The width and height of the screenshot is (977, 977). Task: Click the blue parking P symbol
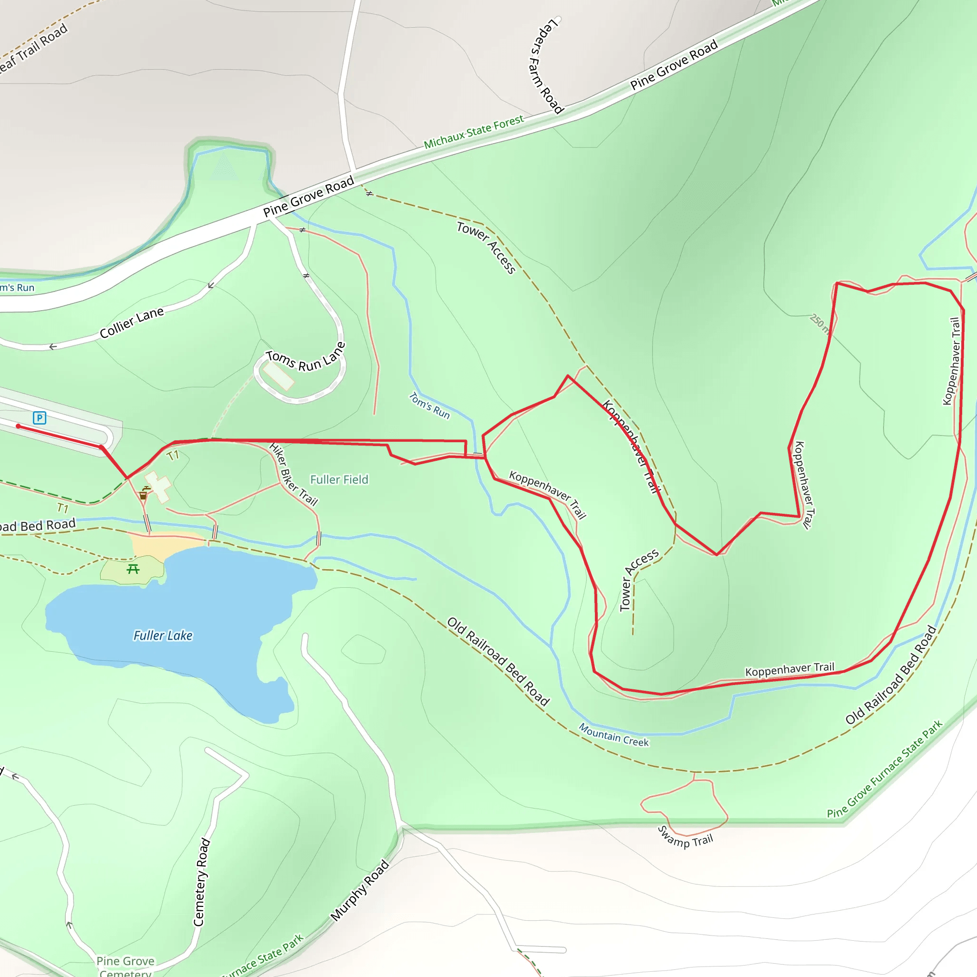pyautogui.click(x=40, y=418)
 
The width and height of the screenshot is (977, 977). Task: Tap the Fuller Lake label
pyautogui.click(x=163, y=635)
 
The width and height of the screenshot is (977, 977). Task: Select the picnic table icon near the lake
pyautogui.click(x=133, y=570)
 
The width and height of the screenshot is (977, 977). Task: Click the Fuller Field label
pyautogui.click(x=339, y=479)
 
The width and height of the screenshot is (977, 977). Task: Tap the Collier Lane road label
pyautogui.click(x=132, y=322)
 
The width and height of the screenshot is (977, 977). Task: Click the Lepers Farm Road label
pyautogui.click(x=546, y=66)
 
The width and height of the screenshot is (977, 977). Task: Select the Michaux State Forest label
pyautogui.click(x=473, y=133)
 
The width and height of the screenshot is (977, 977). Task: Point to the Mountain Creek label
pyautogui.click(x=613, y=735)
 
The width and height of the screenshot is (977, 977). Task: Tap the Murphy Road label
pyautogui.click(x=360, y=891)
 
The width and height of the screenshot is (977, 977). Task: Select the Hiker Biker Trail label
pyautogui.click(x=293, y=474)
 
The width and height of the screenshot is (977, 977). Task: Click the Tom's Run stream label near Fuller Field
pyautogui.click(x=429, y=405)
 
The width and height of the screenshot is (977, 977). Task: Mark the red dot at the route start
pyautogui.click(x=18, y=426)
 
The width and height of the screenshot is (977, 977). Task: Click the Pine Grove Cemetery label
pyautogui.click(x=125, y=966)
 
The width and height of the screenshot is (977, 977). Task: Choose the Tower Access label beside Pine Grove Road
pyautogui.click(x=486, y=247)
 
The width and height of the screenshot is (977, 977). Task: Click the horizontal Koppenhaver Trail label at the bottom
pyautogui.click(x=790, y=669)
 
